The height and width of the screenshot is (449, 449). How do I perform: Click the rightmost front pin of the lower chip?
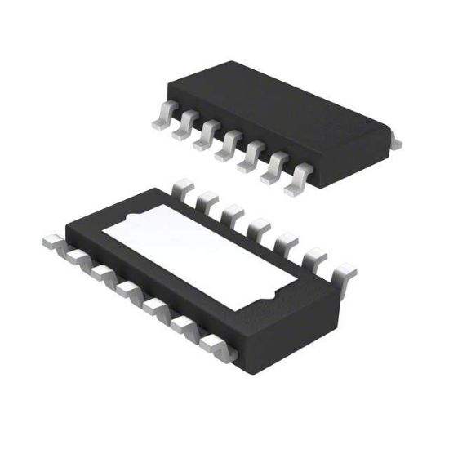217,346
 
